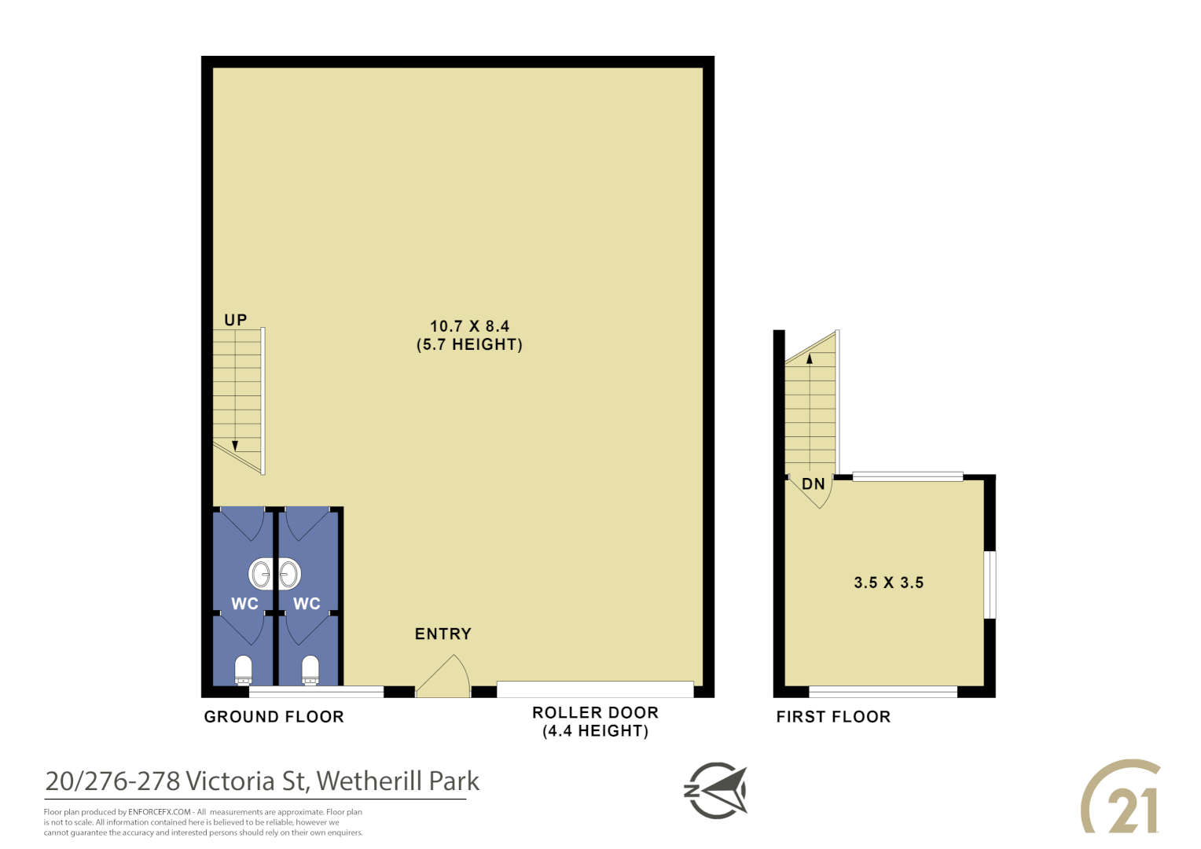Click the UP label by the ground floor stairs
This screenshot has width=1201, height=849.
pyautogui.click(x=236, y=320)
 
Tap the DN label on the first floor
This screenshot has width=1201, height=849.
pyautogui.click(x=814, y=483)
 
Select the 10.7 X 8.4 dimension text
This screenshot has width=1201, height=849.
pyautogui.click(x=469, y=325)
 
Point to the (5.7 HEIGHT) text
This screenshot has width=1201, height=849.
pyautogui.click(x=469, y=344)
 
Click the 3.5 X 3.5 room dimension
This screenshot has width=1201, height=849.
pyautogui.click(x=889, y=583)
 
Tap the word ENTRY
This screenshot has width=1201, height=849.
pyautogui.click(x=443, y=634)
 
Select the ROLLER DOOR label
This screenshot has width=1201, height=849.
pyautogui.click(x=595, y=712)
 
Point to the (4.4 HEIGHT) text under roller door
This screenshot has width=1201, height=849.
pyautogui.click(x=595, y=731)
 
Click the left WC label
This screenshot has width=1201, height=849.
pyautogui.click(x=244, y=604)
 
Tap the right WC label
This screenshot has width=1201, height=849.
pyautogui.click(x=307, y=604)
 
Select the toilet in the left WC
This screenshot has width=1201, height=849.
pyautogui.click(x=244, y=670)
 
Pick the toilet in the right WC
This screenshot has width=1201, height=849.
pyautogui.click(x=310, y=670)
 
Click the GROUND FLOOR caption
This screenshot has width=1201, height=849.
pyautogui.click(x=274, y=717)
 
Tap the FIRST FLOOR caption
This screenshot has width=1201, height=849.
pyautogui.click(x=833, y=717)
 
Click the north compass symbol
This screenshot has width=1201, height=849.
pyautogui.click(x=715, y=790)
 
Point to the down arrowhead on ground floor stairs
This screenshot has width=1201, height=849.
pyautogui.click(x=235, y=446)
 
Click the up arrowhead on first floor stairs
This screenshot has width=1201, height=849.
pyautogui.click(x=810, y=358)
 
